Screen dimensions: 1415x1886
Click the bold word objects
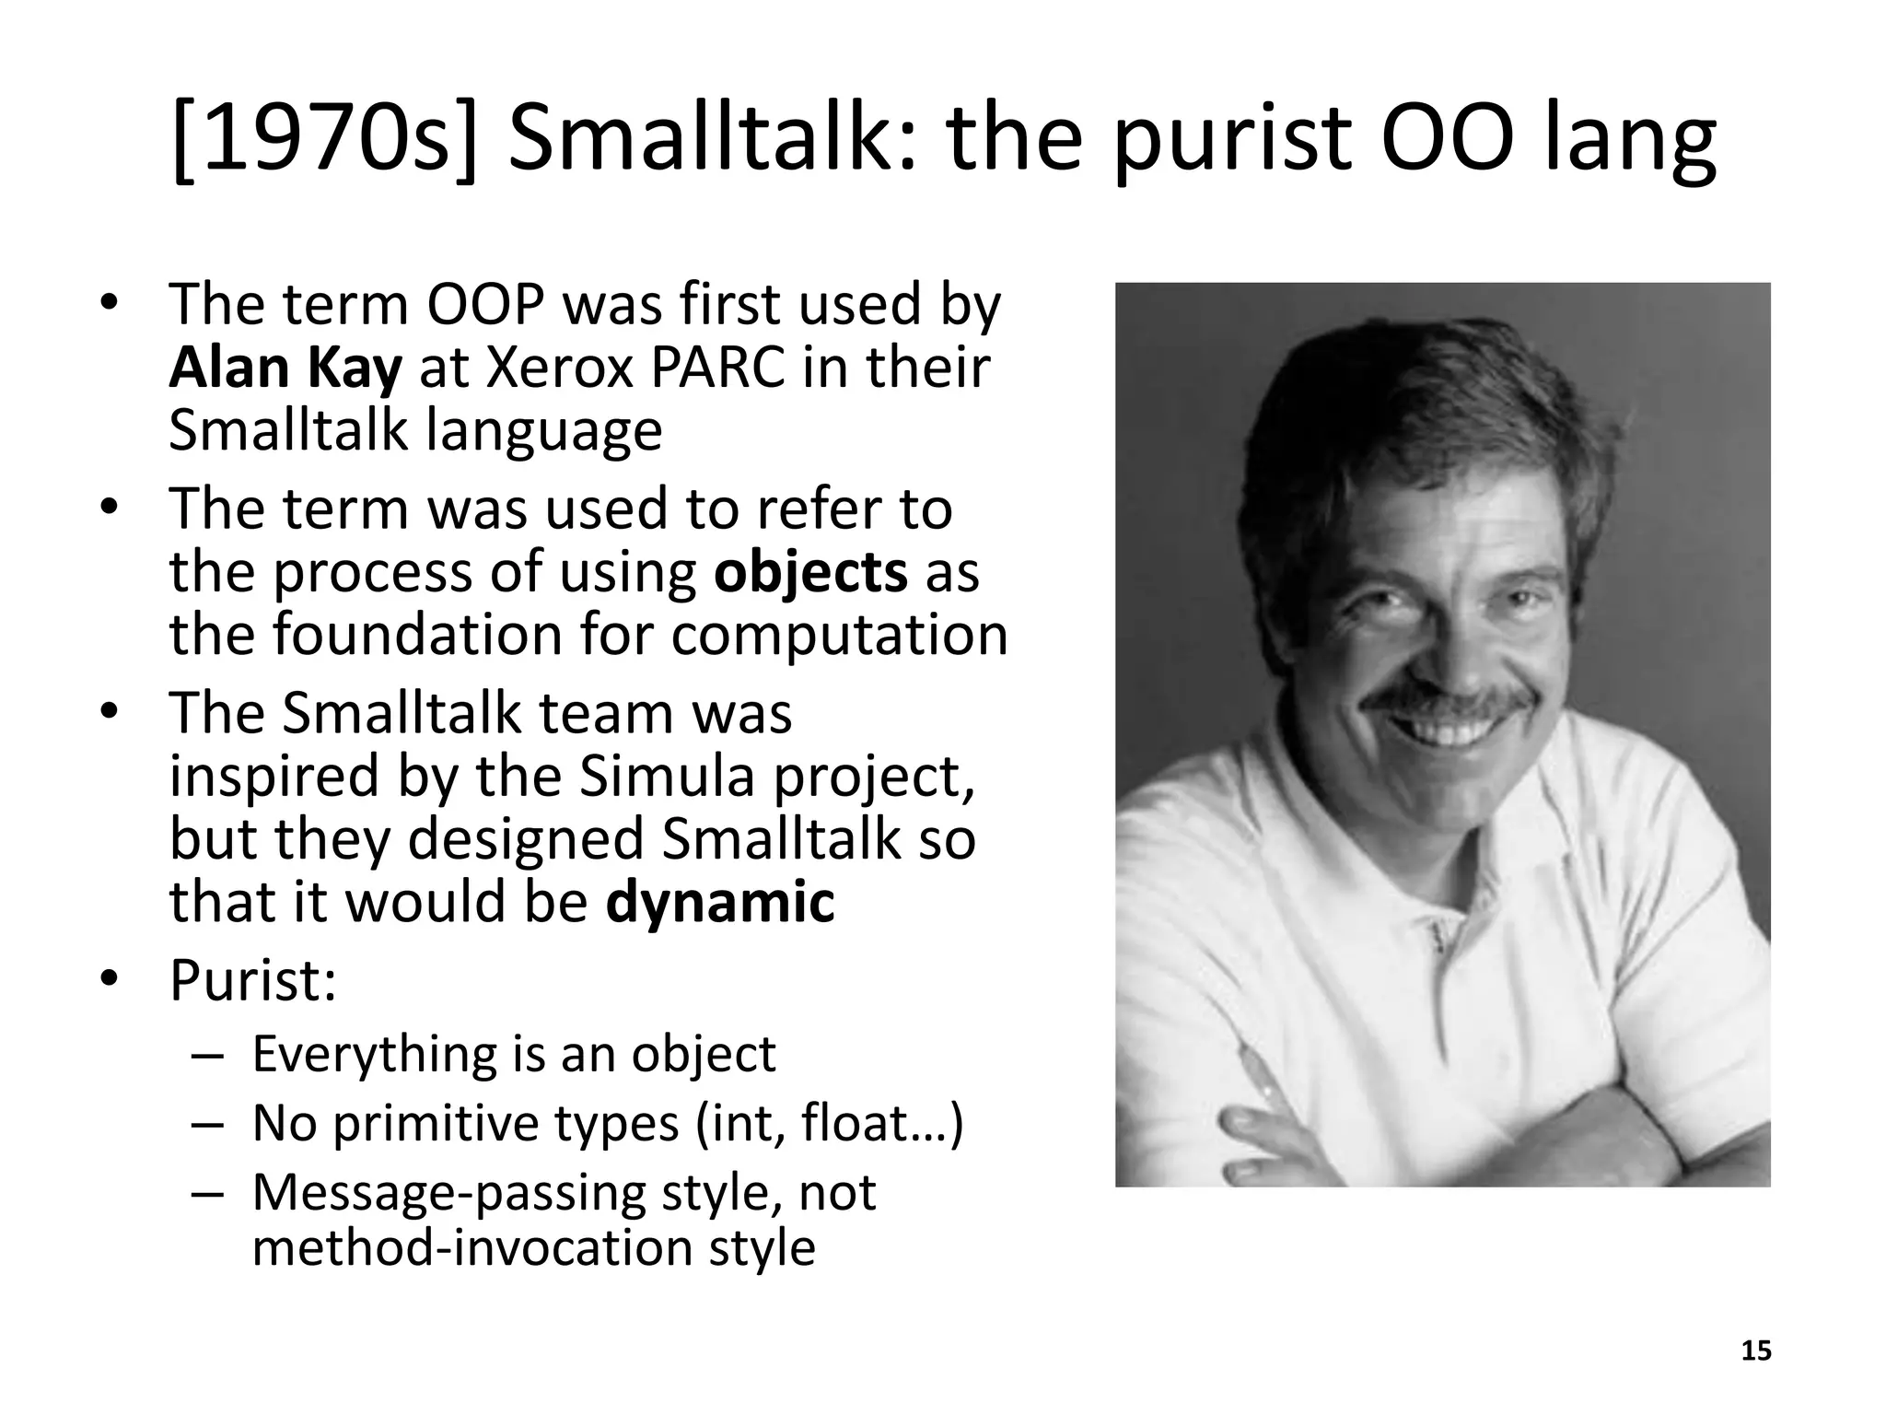(x=810, y=572)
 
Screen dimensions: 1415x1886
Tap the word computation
(x=839, y=636)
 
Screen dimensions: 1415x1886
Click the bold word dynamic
(x=720, y=902)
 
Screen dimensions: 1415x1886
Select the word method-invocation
(x=469, y=1248)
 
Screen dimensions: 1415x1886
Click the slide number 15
(x=1756, y=1351)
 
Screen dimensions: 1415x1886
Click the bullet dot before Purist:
(x=111, y=980)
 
